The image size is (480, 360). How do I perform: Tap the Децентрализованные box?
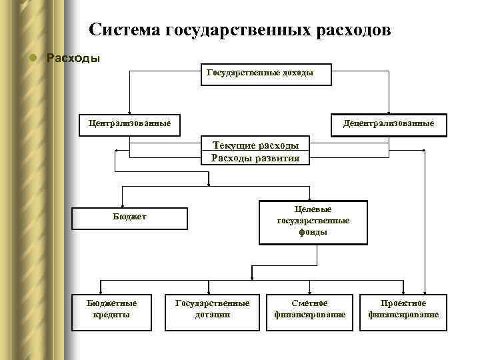[x=388, y=124]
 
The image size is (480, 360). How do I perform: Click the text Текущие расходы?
[x=255, y=145]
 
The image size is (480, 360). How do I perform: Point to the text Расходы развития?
[x=255, y=158]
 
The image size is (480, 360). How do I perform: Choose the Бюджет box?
[x=129, y=217]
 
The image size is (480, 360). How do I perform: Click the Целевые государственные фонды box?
[x=313, y=221]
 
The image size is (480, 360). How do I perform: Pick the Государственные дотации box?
[x=212, y=309]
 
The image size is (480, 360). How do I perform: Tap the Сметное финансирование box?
[x=310, y=309]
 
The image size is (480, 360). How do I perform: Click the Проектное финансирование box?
[x=403, y=309]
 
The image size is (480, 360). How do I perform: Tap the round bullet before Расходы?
[x=31, y=57]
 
